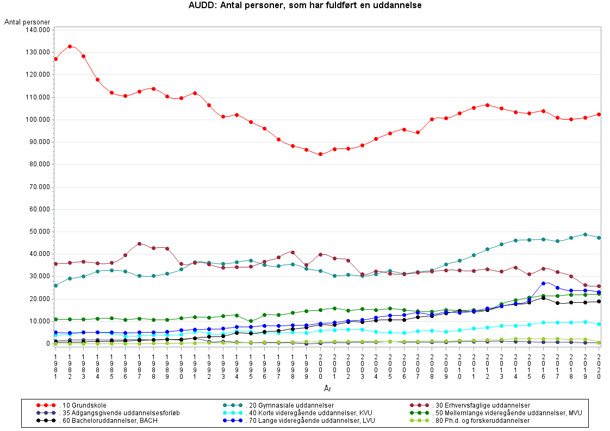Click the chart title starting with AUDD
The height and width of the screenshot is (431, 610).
click(305, 5)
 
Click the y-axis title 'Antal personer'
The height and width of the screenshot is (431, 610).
click(27, 22)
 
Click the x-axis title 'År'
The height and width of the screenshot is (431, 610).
click(327, 388)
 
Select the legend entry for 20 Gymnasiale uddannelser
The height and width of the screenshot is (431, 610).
click(289, 405)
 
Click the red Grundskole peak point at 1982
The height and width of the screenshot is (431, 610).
click(70, 47)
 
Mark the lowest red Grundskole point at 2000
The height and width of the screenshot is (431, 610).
click(320, 154)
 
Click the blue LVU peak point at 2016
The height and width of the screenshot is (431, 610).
click(543, 284)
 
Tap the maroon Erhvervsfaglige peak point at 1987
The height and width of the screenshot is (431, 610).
click(140, 243)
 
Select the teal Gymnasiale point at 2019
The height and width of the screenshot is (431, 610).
click(585, 235)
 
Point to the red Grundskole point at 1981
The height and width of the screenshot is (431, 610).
click(56, 59)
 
